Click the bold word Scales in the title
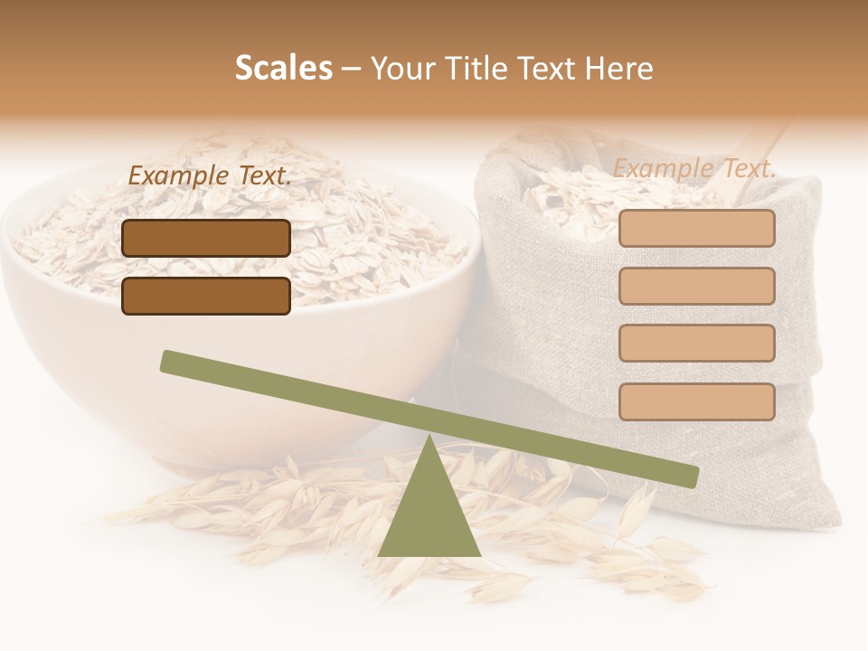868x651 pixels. point(283,69)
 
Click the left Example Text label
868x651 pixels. point(210,176)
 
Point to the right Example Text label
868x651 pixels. point(694,168)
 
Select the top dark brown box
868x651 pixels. point(206,238)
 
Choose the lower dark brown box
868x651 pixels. point(206,296)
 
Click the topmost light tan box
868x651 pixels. point(696,229)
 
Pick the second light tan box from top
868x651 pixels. point(696,286)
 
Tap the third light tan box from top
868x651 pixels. point(696,344)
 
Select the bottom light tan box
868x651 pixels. point(696,401)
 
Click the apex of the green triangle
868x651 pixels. point(429,439)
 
